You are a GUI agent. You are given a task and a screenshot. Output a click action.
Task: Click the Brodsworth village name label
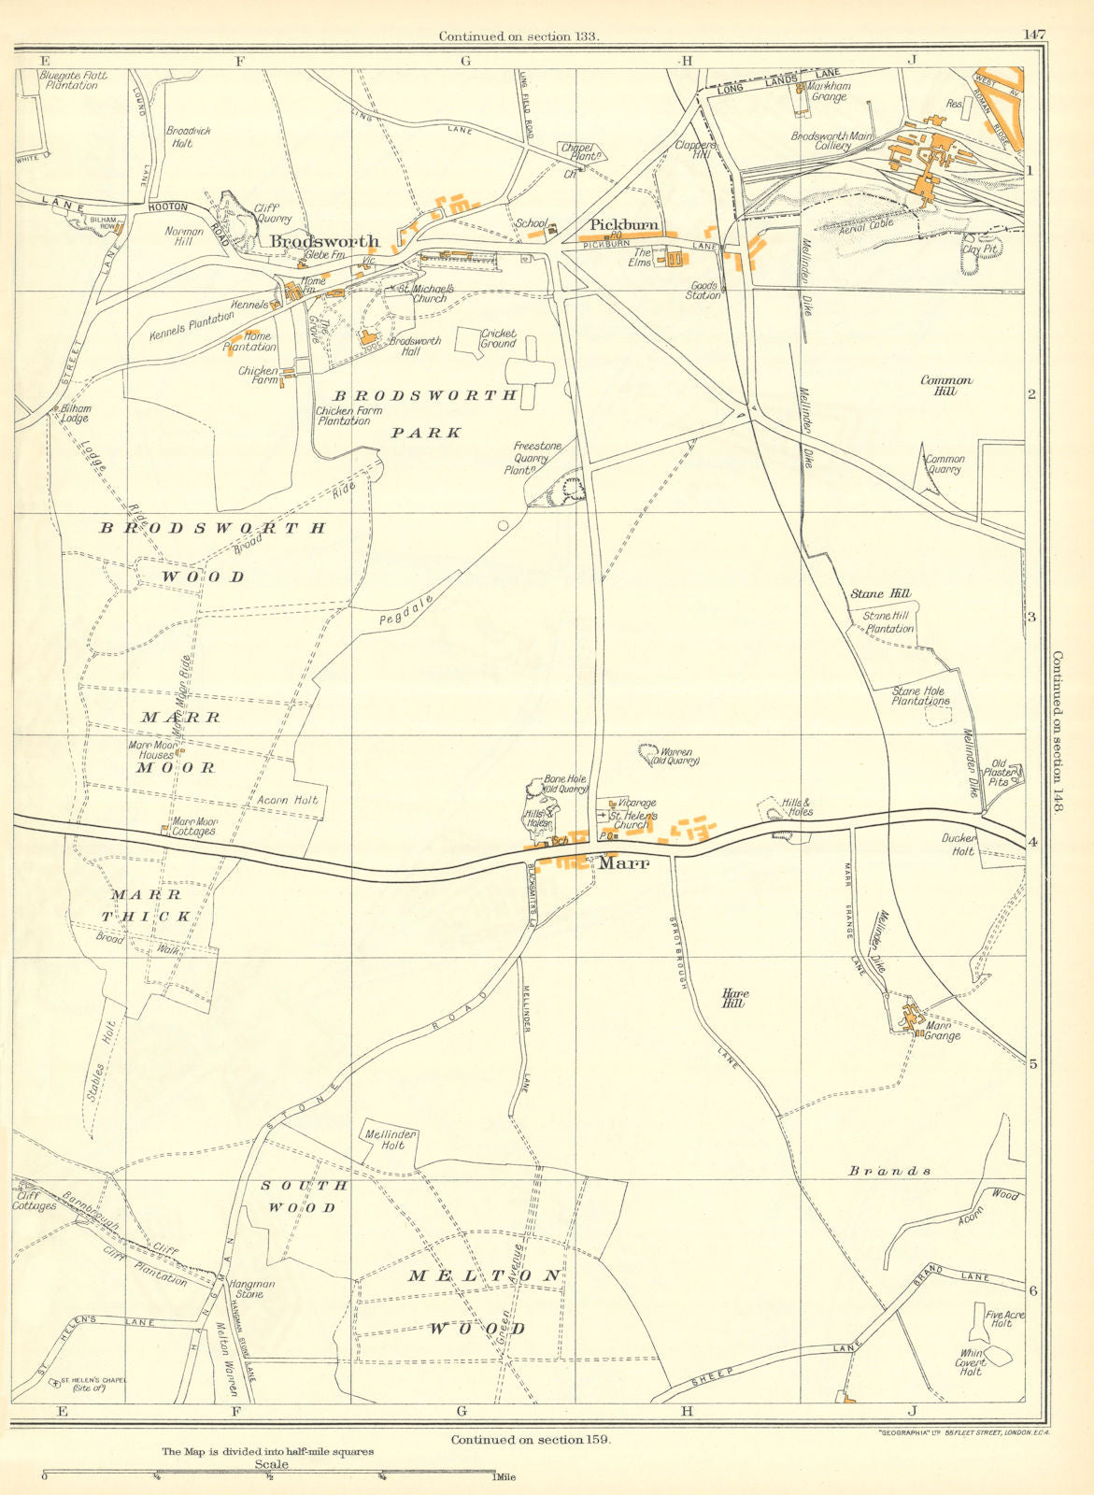click(x=324, y=242)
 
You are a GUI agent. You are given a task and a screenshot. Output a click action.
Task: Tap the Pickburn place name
click(x=624, y=225)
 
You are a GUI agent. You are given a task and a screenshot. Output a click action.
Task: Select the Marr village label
click(x=623, y=864)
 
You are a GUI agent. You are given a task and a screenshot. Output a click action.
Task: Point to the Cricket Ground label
click(x=498, y=338)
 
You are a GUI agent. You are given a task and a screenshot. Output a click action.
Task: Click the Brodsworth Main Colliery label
click(x=834, y=141)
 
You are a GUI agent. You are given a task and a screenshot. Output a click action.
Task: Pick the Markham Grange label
click(x=831, y=92)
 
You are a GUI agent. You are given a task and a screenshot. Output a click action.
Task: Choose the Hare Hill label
click(x=735, y=999)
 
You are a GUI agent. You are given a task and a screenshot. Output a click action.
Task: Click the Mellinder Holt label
click(x=391, y=1140)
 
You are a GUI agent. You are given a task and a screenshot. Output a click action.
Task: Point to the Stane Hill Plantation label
click(x=888, y=622)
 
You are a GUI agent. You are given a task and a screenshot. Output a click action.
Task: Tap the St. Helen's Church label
click(x=633, y=820)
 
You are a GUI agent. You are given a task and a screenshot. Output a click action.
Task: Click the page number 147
click(x=1034, y=35)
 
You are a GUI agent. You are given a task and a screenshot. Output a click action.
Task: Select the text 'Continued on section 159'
click(x=531, y=1440)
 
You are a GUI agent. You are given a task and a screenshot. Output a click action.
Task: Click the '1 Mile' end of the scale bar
click(x=502, y=1477)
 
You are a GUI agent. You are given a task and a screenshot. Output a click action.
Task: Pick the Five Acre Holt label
click(x=1004, y=1319)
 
